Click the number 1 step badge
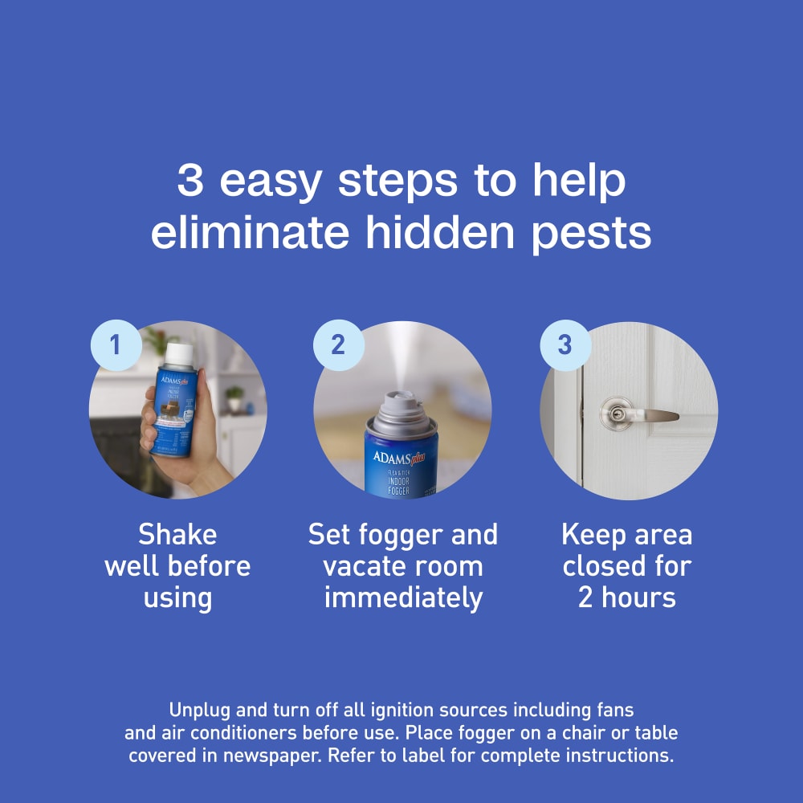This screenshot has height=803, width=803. (x=116, y=345)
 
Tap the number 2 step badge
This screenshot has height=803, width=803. (x=338, y=345)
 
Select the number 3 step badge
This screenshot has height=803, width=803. (x=565, y=345)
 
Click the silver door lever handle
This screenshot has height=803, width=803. (x=634, y=414)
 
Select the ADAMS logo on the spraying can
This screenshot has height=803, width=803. (x=391, y=459)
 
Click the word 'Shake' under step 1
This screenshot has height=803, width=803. (x=177, y=535)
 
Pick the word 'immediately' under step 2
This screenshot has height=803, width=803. (x=403, y=598)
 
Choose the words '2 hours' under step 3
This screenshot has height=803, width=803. (x=627, y=598)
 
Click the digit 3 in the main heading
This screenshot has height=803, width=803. (x=190, y=181)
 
